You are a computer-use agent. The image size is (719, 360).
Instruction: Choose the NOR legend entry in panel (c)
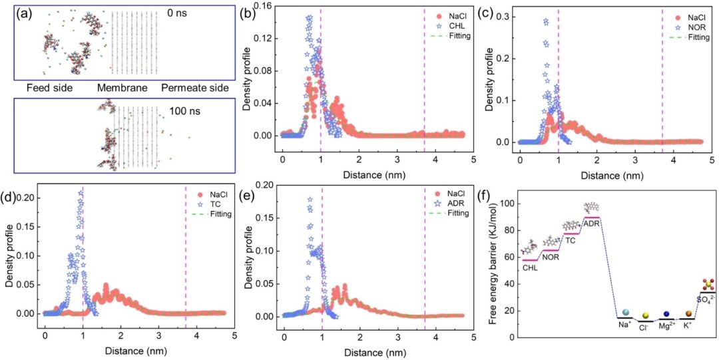694,29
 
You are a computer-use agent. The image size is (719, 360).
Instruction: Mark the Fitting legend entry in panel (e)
457,213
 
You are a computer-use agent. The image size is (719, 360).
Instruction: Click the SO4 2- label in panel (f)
705,300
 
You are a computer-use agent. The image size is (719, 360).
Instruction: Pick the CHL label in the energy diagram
529,268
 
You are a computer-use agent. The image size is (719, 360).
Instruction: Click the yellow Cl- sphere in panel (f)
645,315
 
